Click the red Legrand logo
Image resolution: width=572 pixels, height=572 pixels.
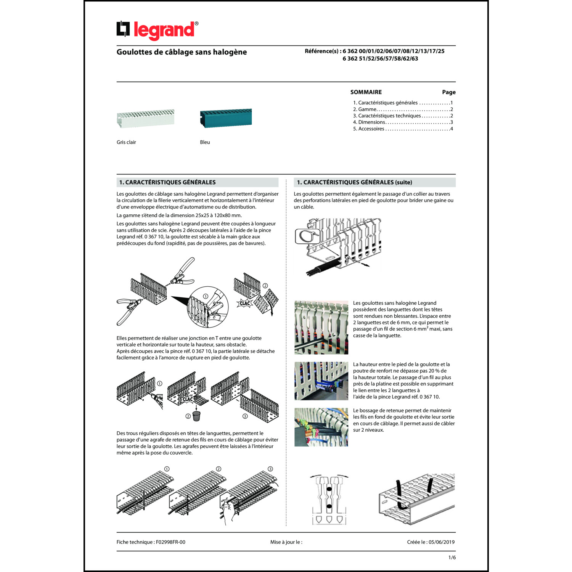tap(157, 30)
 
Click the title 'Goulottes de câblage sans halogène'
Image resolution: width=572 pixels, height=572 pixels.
tap(182, 52)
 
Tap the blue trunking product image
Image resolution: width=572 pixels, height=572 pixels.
tap(226, 118)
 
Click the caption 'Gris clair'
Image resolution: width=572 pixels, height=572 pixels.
tap(126, 142)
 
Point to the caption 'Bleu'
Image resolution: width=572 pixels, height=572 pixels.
tap(205, 142)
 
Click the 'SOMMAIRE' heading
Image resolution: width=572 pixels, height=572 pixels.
tap(366, 92)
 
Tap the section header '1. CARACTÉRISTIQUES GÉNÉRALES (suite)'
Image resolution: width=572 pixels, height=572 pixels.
tap(354, 183)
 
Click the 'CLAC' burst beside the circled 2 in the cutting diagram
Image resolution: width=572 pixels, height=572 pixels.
tap(244, 304)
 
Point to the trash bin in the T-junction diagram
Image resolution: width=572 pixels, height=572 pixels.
tap(196, 416)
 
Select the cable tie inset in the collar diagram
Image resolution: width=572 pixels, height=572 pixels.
tap(307, 236)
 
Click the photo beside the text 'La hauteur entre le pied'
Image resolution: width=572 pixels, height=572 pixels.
tap(321, 381)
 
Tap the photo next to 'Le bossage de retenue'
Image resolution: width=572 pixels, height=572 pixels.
tap(321, 427)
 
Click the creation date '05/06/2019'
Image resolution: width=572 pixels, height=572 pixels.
tap(442, 542)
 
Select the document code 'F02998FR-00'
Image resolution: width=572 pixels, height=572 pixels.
tap(170, 542)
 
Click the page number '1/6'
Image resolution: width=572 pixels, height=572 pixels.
tap(452, 558)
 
